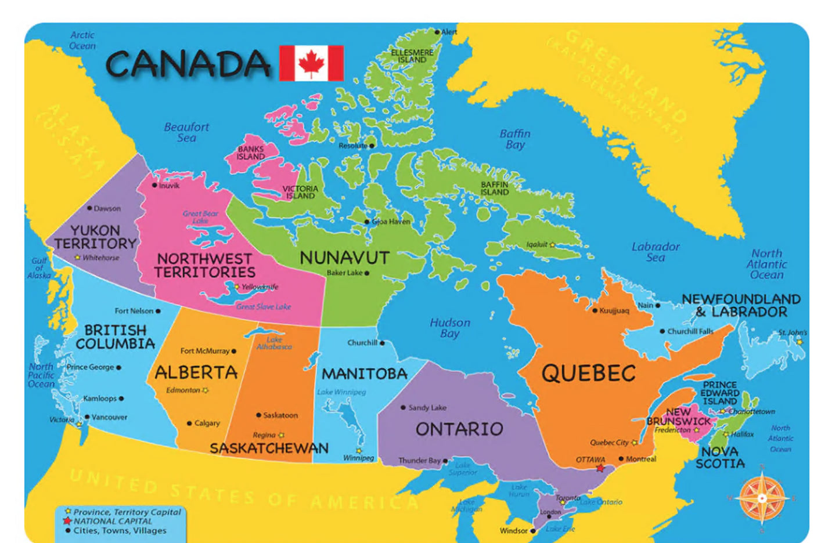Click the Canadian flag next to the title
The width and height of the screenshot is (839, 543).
(311, 63)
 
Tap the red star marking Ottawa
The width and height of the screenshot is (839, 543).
(600, 468)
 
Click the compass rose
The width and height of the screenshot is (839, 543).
(762, 498)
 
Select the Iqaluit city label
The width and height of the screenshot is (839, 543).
(536, 245)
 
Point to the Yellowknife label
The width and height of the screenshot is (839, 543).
(260, 287)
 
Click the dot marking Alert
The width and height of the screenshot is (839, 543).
(437, 32)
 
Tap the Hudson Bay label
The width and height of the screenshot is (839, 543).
(450, 328)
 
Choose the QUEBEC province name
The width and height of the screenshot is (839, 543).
(588, 374)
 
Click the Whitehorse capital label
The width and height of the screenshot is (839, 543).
(100, 258)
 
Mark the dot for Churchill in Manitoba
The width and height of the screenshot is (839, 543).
(382, 343)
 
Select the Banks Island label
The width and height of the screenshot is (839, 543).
(251, 153)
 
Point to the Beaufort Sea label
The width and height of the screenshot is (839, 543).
(186, 132)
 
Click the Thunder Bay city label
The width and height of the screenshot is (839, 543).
(420, 461)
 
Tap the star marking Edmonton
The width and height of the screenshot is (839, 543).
(206, 390)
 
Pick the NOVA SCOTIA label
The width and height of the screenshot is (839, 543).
(720, 458)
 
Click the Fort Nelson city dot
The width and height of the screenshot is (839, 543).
(158, 311)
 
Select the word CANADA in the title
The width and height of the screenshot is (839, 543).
(188, 64)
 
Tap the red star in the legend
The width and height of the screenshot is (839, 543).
(69, 521)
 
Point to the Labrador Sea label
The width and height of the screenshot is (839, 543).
(656, 252)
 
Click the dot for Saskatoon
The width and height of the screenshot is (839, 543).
(258, 415)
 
